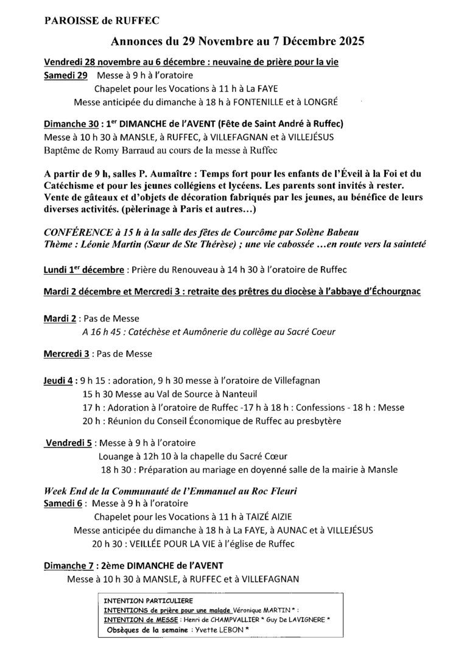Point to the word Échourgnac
click(392, 292)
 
